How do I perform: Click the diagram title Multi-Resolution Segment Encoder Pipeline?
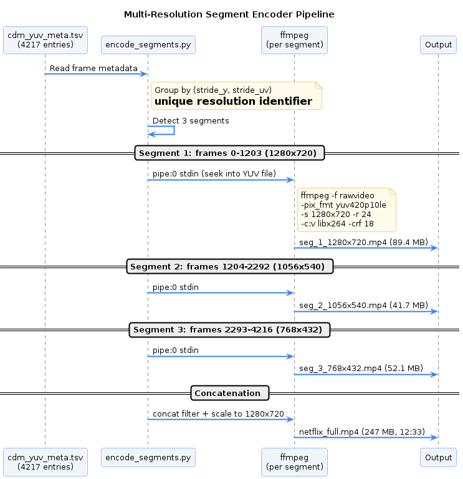pyautogui.click(x=229, y=14)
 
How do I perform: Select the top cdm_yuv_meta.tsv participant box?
pyautogui.click(x=45, y=41)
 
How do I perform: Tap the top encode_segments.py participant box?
pyautogui.click(x=148, y=45)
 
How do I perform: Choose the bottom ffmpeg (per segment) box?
pyautogui.click(x=294, y=462)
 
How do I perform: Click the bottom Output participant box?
pyautogui.click(x=438, y=457)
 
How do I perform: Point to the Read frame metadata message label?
pyautogui.click(x=93, y=68)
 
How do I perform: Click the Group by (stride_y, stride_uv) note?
pyautogui.click(x=236, y=95)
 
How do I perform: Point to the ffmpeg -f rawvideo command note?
pyautogui.click(x=346, y=210)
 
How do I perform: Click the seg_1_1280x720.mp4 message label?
pyautogui.click(x=363, y=242)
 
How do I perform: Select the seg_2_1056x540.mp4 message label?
pyautogui.click(x=363, y=305)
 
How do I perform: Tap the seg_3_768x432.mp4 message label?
pyautogui.click(x=361, y=369)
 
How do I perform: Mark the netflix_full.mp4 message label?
pyautogui.click(x=362, y=432)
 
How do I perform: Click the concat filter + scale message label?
pyautogui.click(x=218, y=414)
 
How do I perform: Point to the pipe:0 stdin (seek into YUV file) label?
pyautogui.click(x=214, y=173)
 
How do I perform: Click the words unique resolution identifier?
pyautogui.click(x=234, y=101)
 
